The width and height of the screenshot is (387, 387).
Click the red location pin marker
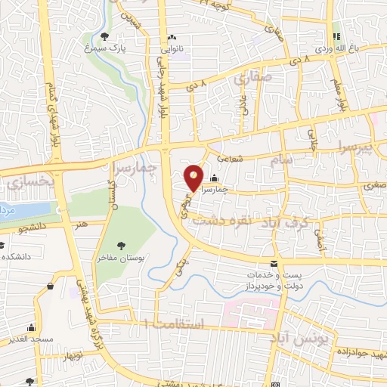click(x=194, y=178)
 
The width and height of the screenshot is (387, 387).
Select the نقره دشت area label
click(x=216, y=222)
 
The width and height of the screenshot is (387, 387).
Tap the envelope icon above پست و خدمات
click(x=274, y=263)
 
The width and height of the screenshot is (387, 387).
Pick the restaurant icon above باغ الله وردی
click(x=338, y=36)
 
